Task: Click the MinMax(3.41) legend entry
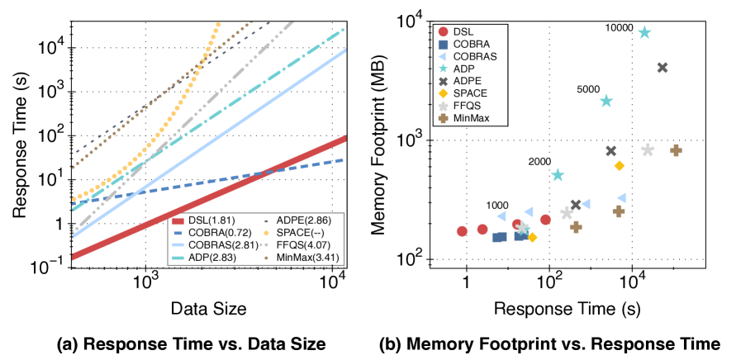pyautogui.click(x=306, y=258)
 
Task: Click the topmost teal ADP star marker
pyautogui.click(x=644, y=33)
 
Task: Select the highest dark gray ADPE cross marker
pyautogui.click(x=662, y=68)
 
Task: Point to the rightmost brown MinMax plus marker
pyautogui.click(x=676, y=150)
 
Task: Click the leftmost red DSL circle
pyautogui.click(x=462, y=231)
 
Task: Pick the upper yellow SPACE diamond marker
pyautogui.click(x=620, y=166)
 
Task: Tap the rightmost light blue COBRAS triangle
pyautogui.click(x=621, y=198)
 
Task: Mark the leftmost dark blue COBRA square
pyautogui.click(x=499, y=237)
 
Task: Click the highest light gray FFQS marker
pyautogui.click(x=648, y=150)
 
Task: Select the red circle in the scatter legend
pyautogui.click(x=444, y=31)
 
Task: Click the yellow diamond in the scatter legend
pyautogui.click(x=444, y=93)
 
